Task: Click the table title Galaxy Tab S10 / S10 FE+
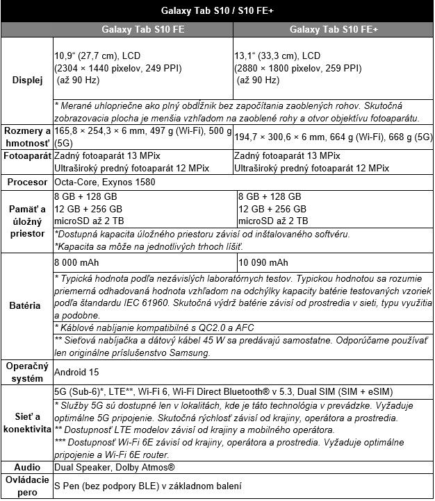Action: (x=217, y=10)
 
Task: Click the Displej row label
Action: (x=27, y=80)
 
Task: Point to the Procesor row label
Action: (x=27, y=182)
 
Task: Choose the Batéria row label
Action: (x=27, y=305)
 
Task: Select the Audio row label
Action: (x=27, y=468)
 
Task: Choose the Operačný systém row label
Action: (x=27, y=371)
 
